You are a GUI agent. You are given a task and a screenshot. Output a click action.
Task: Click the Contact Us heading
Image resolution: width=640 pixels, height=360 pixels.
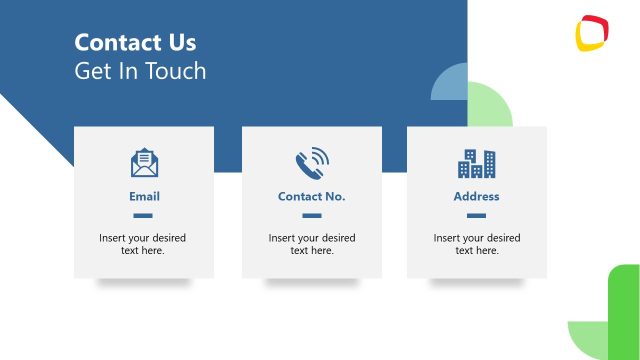click(135, 43)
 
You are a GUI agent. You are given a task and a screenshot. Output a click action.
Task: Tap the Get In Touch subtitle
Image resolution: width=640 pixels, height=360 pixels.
click(140, 71)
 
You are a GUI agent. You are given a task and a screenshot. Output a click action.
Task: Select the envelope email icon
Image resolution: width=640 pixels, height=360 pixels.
click(144, 162)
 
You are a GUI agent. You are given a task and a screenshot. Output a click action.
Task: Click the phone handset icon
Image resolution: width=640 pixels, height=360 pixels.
click(311, 162)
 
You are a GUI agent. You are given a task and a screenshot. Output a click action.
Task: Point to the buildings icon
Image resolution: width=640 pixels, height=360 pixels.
click(476, 162)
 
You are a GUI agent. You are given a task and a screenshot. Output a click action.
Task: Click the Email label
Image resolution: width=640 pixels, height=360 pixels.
click(144, 197)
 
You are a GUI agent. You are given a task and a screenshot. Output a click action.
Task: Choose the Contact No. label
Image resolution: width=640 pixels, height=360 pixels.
click(311, 197)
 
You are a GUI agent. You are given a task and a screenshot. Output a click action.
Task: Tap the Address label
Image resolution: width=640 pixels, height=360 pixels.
click(476, 197)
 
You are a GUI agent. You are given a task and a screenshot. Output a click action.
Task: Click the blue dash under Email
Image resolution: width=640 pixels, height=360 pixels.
click(143, 215)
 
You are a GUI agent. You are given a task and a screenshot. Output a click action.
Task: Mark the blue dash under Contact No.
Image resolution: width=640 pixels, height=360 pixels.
click(312, 215)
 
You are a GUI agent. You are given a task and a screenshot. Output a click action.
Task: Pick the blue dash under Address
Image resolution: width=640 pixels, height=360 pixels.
click(476, 215)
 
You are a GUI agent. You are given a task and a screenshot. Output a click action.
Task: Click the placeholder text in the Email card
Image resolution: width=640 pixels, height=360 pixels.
click(142, 244)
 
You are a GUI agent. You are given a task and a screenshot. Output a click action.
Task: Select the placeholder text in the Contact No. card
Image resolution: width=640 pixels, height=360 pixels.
click(312, 244)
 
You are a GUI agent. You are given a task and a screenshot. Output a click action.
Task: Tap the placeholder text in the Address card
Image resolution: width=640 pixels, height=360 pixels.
click(477, 244)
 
